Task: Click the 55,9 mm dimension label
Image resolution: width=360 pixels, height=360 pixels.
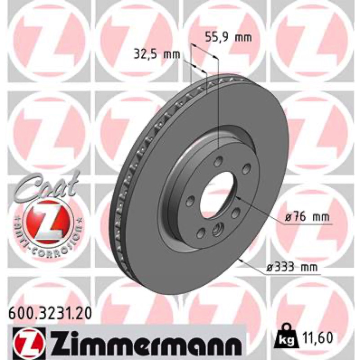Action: point(228,37)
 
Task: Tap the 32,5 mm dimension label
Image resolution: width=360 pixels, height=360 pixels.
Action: point(157,55)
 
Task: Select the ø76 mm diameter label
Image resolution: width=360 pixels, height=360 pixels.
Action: point(307,217)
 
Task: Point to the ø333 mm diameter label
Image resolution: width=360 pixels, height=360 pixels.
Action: point(291,267)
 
